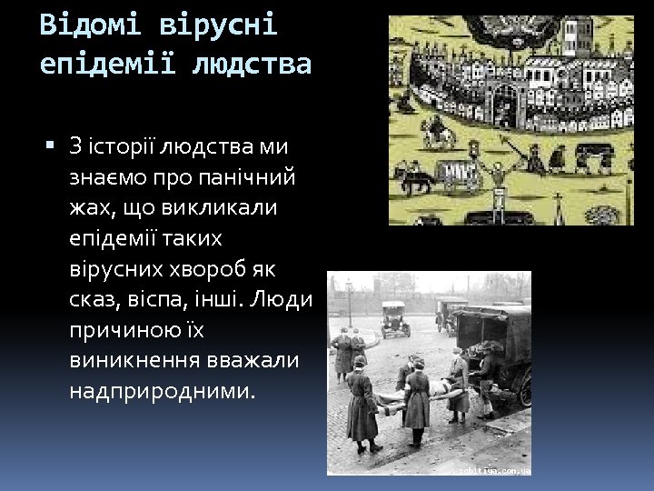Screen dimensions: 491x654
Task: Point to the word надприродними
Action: point(163,392)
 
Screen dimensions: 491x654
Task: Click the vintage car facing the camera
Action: point(394,318)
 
